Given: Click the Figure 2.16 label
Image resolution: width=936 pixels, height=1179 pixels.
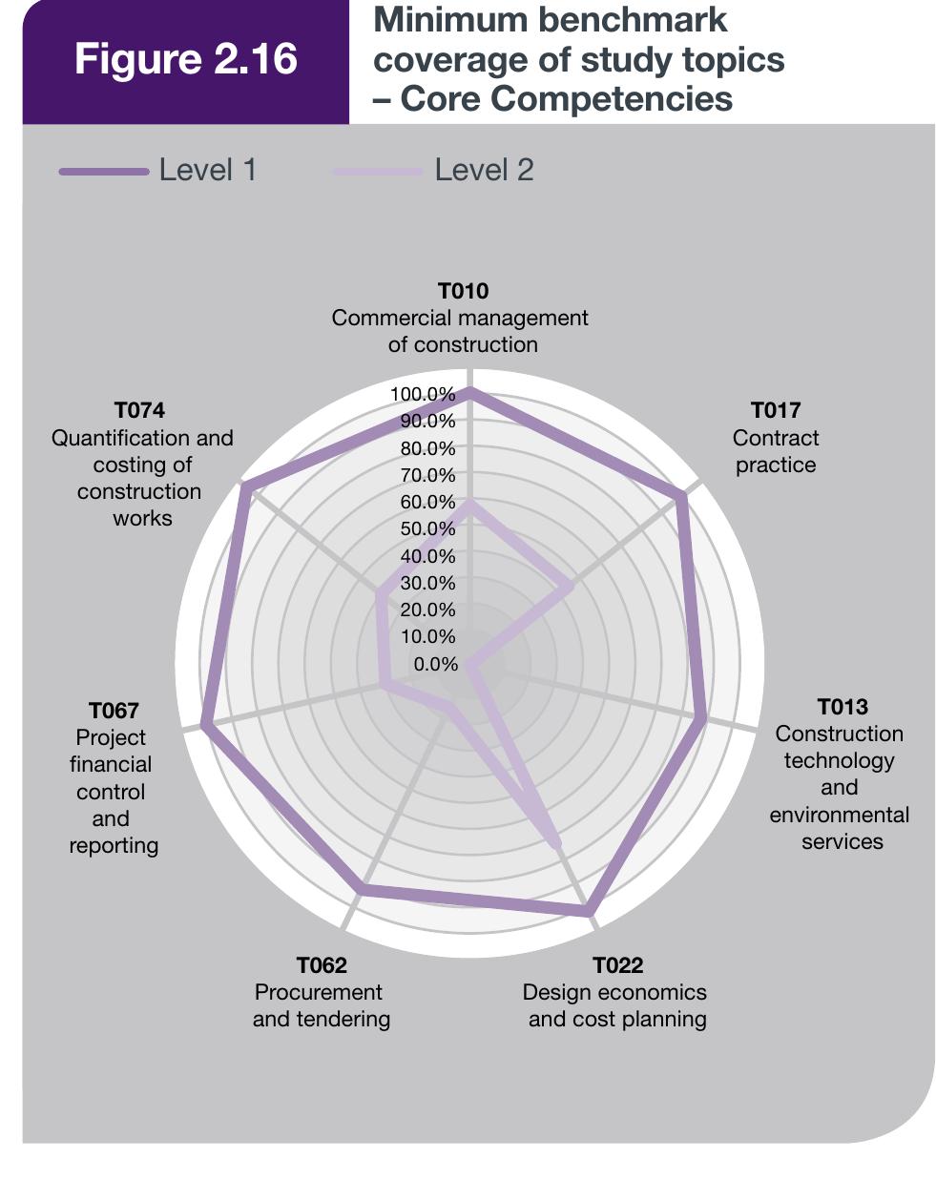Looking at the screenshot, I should point(185,59).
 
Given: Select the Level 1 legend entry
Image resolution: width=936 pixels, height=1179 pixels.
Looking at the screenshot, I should point(158,170).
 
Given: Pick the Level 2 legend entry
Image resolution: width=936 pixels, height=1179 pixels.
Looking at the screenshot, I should point(434,170).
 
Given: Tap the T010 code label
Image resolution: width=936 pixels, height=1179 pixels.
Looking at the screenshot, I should point(463,291).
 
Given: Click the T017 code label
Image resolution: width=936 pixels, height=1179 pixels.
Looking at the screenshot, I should point(775,410).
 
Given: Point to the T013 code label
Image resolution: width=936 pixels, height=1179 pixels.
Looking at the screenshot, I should point(842,707).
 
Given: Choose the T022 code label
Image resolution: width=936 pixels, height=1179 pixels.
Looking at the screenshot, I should point(617,965).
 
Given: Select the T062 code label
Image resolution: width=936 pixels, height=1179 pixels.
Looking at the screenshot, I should point(322,965).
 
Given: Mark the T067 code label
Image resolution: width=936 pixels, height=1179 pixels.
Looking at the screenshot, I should point(114,711).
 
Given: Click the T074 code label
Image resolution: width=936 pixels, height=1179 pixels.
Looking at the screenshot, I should point(139,410).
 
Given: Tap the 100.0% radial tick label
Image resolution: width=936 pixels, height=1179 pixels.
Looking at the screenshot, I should point(423,394).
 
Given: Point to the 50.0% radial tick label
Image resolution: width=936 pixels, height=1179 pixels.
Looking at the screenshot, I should point(427,528).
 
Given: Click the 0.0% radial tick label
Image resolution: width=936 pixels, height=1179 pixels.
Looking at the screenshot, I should point(435,664).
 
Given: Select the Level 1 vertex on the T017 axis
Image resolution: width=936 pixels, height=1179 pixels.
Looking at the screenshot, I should point(682,495).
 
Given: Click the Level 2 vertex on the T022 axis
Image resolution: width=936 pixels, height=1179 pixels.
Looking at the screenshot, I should point(555,843).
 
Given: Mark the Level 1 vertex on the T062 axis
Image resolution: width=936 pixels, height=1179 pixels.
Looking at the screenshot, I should point(361,889).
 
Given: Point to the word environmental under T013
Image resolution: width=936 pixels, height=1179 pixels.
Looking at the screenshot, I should point(840,815).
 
